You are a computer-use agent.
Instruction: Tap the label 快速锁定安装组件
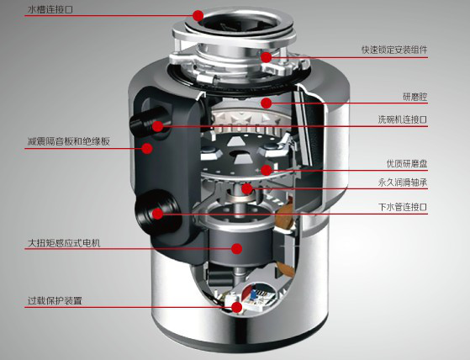coord(395,50)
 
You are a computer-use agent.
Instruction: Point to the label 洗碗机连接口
coord(403,120)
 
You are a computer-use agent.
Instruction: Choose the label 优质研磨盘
coord(407,163)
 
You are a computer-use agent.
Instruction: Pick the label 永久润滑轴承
coord(402,183)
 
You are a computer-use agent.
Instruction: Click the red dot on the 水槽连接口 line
coord(198,15)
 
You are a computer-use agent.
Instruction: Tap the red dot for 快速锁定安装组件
coord(266,57)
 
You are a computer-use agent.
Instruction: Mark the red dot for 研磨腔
coord(267,103)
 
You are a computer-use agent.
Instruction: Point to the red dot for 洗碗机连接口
coord(157,126)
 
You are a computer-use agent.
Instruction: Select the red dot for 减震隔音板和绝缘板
coord(146,149)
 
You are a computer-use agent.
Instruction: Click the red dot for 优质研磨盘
coord(266,170)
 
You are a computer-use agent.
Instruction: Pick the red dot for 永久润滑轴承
coord(246,189)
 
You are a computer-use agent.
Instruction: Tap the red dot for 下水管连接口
coord(157,214)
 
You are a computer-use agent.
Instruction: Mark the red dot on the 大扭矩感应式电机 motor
coord(238,249)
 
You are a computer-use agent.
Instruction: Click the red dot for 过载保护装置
coord(236,307)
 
